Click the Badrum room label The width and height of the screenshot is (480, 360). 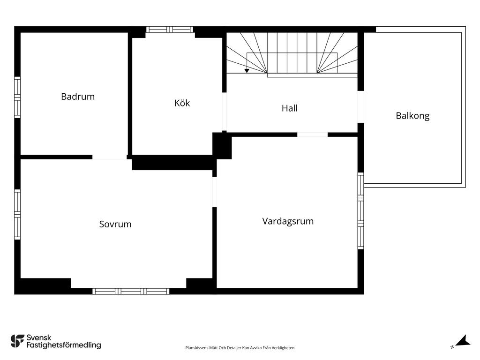pos(78,97)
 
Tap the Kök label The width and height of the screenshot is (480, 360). pos(182,103)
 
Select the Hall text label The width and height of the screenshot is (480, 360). pos(290,108)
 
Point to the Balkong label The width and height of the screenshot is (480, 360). pos(412,116)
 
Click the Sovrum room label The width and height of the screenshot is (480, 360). pos(115,224)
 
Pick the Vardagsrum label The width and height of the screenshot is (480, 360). pos(288,221)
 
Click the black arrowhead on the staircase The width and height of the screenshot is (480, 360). pos(247,71)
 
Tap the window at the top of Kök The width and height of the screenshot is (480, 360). pos(169,30)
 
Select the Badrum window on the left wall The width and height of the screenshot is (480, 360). pos(17,97)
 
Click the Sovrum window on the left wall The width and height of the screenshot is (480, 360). pos(17,214)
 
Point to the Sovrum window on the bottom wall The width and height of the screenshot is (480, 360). pos(131,291)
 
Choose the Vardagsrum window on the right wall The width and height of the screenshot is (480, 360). pos(360,210)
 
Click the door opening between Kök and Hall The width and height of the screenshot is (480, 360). pos(225,112)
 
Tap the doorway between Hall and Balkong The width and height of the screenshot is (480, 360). pos(360,107)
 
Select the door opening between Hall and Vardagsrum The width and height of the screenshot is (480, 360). pos(313,135)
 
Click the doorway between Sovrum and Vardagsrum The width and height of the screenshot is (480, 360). pos(215,192)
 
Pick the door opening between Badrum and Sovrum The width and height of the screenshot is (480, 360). pos(110,157)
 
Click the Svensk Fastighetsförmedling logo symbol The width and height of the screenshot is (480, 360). pos(17,341)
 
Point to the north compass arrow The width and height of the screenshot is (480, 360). pos(463,341)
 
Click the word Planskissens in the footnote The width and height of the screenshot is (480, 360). pos(196,348)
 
